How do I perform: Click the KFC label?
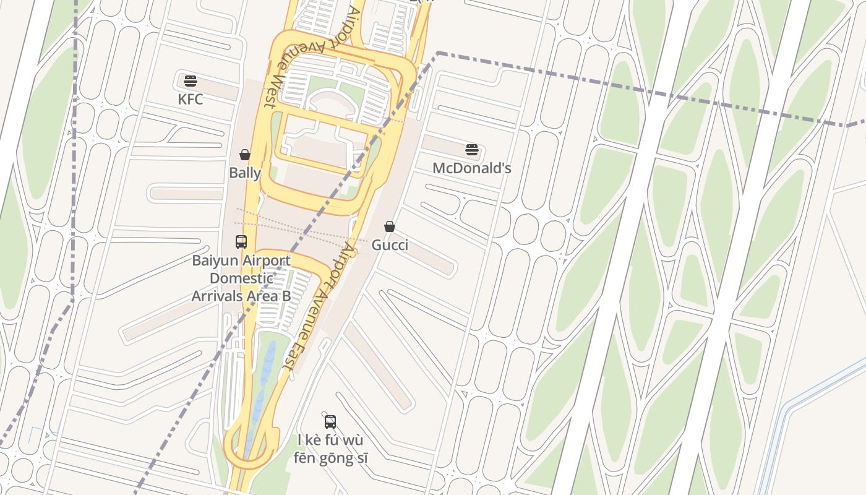[x=190, y=100]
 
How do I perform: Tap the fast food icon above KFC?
[x=190, y=80]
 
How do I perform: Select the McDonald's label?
[x=471, y=168]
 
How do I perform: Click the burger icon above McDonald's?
[x=472, y=149]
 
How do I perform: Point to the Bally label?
[x=245, y=173]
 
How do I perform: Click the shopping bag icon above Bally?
[x=245, y=154]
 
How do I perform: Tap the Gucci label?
[x=390, y=245]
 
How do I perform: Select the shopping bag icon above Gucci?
[x=390, y=226]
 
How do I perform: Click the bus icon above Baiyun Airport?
[x=241, y=242]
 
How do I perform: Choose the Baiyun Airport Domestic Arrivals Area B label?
[x=241, y=278]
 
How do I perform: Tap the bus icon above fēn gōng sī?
[x=330, y=422]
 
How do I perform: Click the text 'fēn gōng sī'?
[x=330, y=458]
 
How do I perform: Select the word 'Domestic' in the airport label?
[x=241, y=278]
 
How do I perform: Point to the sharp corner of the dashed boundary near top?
[x=437, y=53]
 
